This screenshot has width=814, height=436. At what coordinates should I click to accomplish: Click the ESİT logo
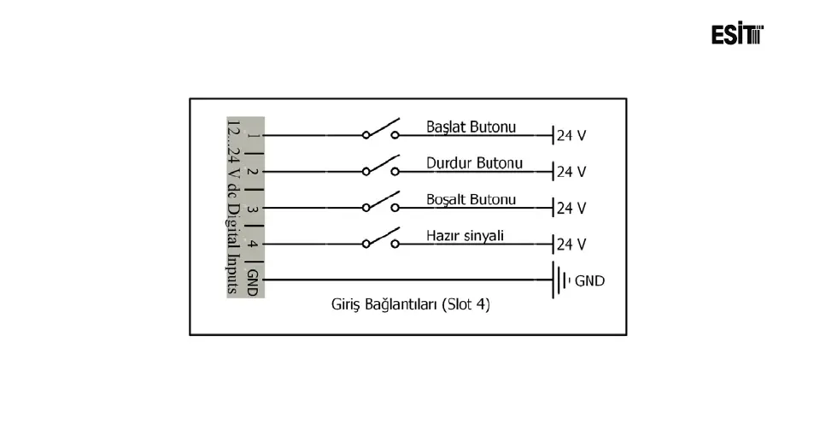click(736, 34)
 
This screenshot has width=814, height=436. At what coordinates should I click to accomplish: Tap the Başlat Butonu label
click(471, 127)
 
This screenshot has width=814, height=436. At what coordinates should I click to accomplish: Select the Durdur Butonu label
click(474, 162)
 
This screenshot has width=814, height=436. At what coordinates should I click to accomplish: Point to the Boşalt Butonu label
click(471, 199)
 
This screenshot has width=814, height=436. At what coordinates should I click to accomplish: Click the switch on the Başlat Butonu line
click(381, 129)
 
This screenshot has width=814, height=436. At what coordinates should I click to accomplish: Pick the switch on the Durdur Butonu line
click(381, 166)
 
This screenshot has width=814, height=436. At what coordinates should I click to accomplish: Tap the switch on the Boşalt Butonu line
click(381, 202)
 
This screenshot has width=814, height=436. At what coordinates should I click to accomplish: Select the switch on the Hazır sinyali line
click(381, 238)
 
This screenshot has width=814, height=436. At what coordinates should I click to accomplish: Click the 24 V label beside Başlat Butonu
click(571, 135)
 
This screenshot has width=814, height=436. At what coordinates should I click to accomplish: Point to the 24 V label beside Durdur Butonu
click(571, 171)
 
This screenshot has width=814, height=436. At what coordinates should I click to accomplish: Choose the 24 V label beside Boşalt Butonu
click(571, 208)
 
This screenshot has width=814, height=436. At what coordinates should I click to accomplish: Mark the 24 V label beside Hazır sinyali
click(571, 245)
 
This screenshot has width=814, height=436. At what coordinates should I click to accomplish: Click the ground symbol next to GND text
click(560, 280)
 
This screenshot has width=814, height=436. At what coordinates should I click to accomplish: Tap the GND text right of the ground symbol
click(589, 280)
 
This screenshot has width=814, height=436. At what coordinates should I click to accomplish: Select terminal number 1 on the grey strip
click(251, 135)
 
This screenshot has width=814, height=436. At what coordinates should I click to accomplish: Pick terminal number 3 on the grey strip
click(251, 208)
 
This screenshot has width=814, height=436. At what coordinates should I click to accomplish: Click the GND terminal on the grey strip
click(251, 281)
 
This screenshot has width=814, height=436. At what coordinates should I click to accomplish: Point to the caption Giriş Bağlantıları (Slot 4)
click(410, 303)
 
